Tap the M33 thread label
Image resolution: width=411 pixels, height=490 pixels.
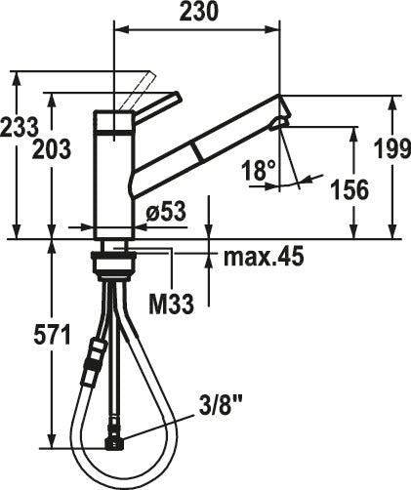pos(170,303)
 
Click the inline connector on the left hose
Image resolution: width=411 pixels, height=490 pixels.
pos(96,356)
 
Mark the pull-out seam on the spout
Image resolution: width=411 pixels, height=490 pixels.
pos(199,149)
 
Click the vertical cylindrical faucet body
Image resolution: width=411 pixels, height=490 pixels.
pos(114,181)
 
